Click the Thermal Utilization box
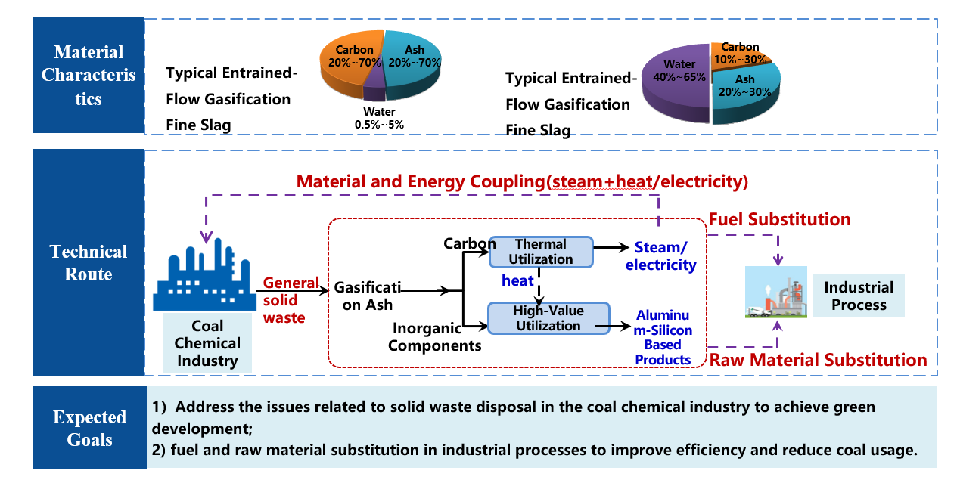(540, 252)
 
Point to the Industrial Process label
(859, 296)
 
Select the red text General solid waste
(291, 301)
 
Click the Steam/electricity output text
(665, 256)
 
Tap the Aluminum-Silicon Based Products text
(663, 336)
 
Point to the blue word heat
(518, 280)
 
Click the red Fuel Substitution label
(779, 220)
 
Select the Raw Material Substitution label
(818, 360)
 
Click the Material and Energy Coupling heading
(522, 182)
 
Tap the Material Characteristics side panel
(89, 76)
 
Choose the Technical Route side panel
(89, 262)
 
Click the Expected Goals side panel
(89, 428)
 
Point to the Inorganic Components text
(437, 337)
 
